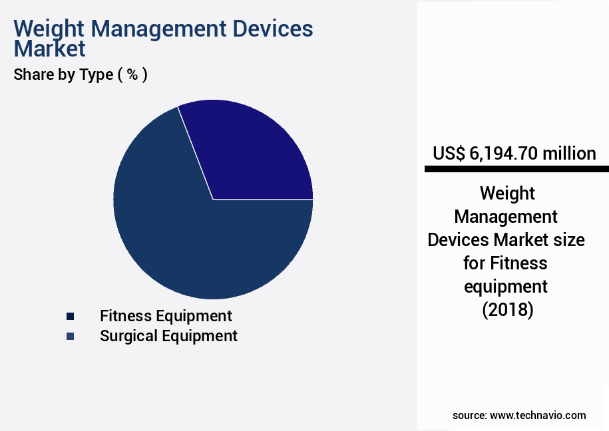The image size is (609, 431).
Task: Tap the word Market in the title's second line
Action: click(50, 49)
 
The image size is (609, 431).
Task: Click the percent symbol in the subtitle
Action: click(132, 74)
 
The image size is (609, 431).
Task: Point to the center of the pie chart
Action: click(213, 199)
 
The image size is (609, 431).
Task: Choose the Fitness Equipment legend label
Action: click(166, 316)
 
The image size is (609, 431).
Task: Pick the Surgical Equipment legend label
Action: click(168, 336)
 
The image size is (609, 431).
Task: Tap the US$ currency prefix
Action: click(449, 154)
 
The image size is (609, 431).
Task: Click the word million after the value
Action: click(569, 154)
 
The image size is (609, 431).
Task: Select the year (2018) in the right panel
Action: click(507, 310)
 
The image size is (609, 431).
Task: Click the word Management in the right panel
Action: click(505, 216)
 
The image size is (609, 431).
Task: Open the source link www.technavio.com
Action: click(538, 415)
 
